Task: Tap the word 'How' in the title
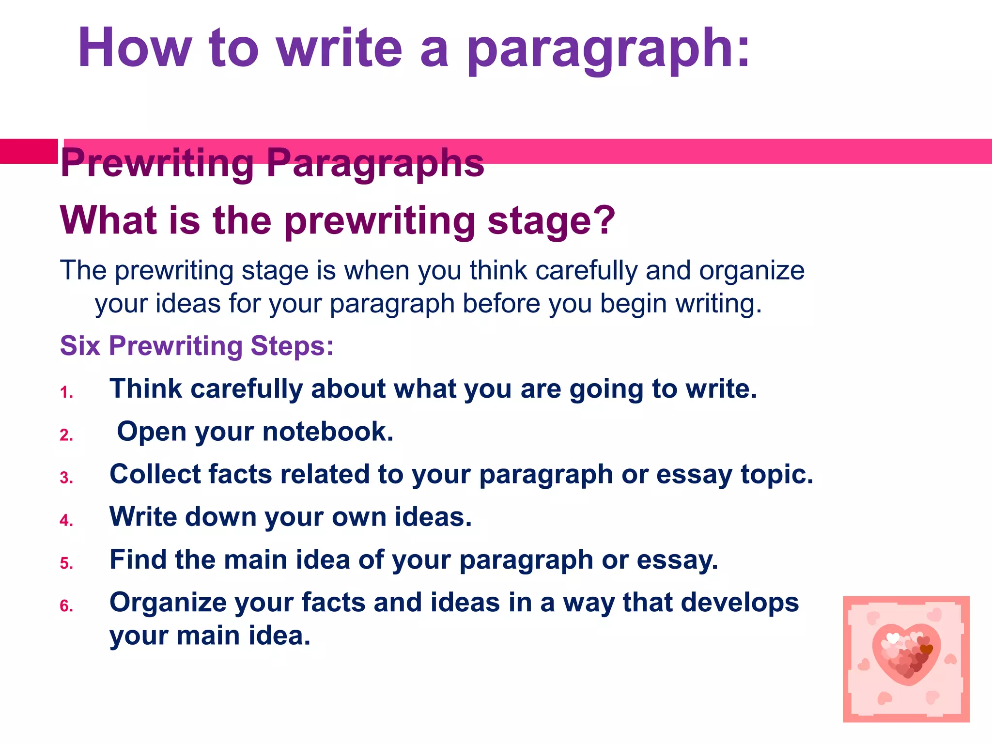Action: (135, 48)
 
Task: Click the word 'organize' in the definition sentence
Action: (751, 271)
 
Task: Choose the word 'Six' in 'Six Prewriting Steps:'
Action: (80, 346)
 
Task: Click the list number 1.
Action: (66, 392)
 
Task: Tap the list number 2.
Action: (66, 435)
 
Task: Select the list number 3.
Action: (66, 478)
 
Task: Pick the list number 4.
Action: (66, 521)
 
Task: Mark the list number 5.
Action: (66, 563)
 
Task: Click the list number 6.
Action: (66, 606)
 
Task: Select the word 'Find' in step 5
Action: (138, 559)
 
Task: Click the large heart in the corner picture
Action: (906, 654)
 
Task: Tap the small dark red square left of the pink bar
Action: (29, 151)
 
